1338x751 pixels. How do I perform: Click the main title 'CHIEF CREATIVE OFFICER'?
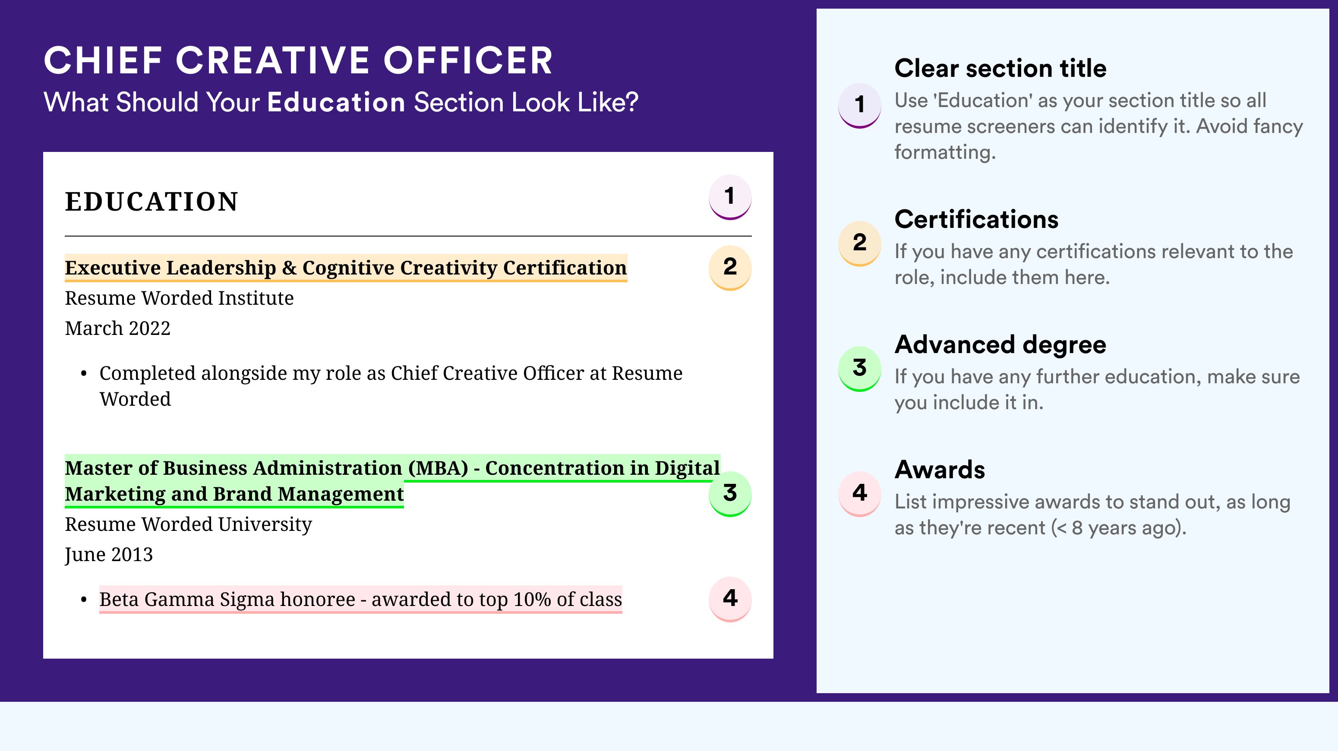pos(298,60)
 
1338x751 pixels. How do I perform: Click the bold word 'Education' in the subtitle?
pos(336,102)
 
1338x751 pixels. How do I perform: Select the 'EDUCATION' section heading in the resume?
pos(151,202)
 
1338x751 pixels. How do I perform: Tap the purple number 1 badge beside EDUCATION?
pos(730,197)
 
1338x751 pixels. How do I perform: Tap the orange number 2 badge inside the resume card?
pos(730,268)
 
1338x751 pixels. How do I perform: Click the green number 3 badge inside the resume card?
pos(730,493)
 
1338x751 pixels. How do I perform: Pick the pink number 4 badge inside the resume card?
pos(730,599)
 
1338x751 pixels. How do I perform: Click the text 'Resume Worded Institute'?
pos(179,298)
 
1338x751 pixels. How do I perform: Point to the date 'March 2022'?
pos(117,328)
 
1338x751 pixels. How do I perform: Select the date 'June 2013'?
pos(109,555)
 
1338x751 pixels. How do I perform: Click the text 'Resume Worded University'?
pos(188,524)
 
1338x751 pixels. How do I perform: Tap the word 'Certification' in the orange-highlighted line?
pos(565,268)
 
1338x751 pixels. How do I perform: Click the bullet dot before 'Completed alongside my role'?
pos(84,374)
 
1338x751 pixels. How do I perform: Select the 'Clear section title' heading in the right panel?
pos(1000,68)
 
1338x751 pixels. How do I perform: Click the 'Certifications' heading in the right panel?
pos(976,219)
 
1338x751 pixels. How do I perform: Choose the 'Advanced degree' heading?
pos(1000,345)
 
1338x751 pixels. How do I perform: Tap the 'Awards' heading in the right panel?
pos(940,470)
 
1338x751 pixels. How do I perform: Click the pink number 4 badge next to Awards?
pos(860,493)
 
